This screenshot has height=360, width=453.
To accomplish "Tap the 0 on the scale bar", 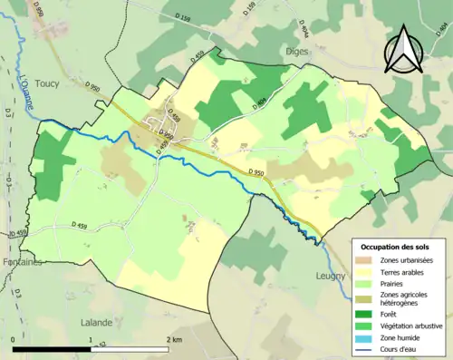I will (14, 338).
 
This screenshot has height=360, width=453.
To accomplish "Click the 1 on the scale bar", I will (91, 338).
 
